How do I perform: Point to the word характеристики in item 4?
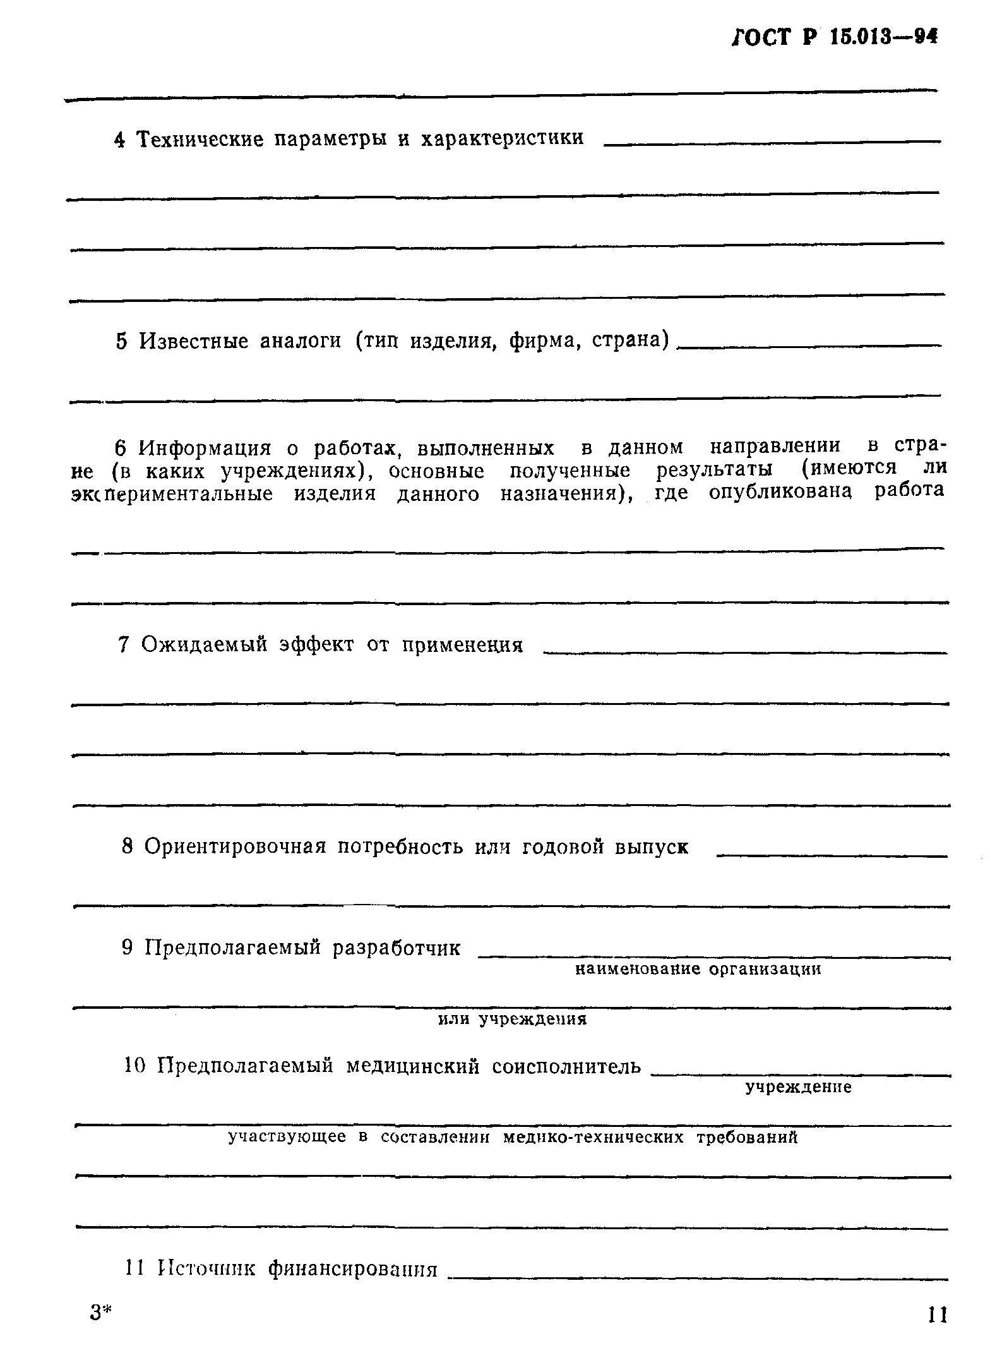502,138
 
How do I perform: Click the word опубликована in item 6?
780,491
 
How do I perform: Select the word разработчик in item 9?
397,948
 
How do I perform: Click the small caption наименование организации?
698,969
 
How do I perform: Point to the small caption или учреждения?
513,1020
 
